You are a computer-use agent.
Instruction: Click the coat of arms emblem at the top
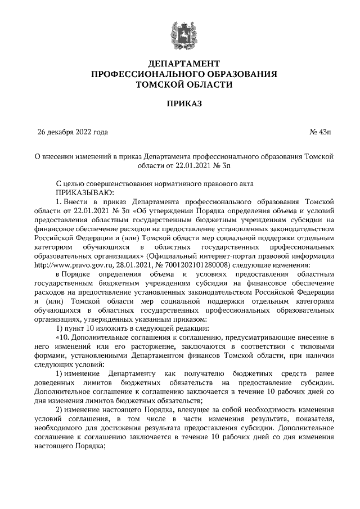(x=180, y=33)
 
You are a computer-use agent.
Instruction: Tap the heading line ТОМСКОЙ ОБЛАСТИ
(x=180, y=84)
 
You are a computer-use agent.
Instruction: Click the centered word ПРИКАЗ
(x=180, y=105)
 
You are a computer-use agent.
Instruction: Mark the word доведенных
(x=57, y=382)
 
